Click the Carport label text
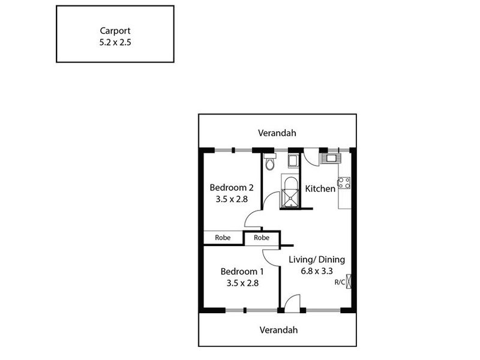(115, 31)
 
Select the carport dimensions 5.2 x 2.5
(115, 42)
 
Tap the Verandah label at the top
(277, 133)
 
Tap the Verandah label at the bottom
(278, 330)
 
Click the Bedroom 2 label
(232, 187)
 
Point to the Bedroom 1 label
(242, 272)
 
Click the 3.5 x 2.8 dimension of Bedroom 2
(232, 199)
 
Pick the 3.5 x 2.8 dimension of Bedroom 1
(242, 283)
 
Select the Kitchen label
(320, 188)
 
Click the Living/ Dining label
(317, 260)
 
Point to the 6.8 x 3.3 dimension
(317, 271)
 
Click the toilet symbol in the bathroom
(270, 161)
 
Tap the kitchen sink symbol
(331, 158)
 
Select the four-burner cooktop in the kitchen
(344, 183)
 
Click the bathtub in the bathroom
(290, 191)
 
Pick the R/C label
(340, 282)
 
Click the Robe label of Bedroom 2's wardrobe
(223, 238)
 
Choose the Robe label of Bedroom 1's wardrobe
(262, 238)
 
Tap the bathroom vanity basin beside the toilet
(293, 161)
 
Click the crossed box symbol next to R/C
(349, 281)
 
